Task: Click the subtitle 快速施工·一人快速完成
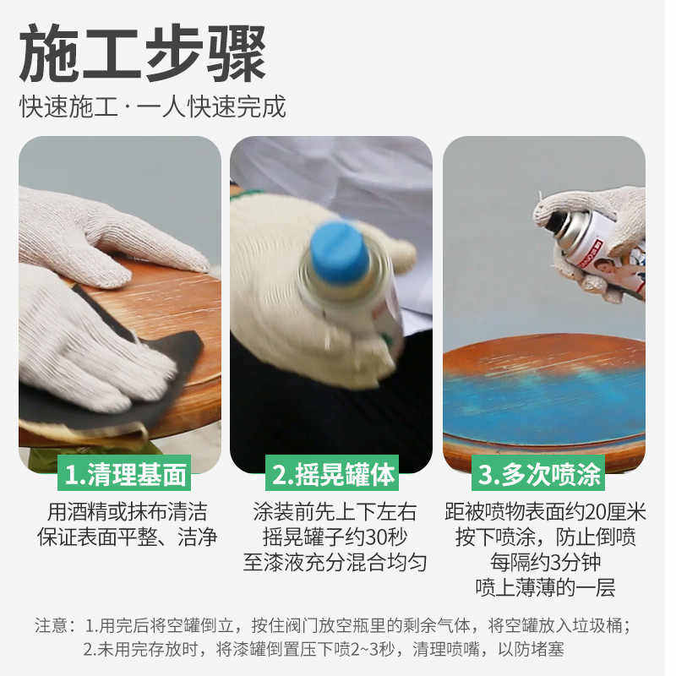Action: tap(153, 106)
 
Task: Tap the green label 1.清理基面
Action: tap(125, 474)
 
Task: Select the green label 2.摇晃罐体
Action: tap(333, 474)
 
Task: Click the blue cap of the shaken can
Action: tap(340, 252)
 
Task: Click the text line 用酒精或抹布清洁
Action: tap(126, 512)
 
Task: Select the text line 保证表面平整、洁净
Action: tap(126, 537)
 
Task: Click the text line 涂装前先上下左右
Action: tap(335, 512)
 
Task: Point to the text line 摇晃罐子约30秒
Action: tap(335, 537)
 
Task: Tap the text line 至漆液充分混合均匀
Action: tap(335, 563)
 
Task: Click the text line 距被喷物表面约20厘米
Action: tap(545, 512)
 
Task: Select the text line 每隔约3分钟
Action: tap(545, 563)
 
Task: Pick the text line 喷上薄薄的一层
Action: tap(545, 588)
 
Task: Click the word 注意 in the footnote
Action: tap(52, 626)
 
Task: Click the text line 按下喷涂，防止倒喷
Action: tap(545, 537)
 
